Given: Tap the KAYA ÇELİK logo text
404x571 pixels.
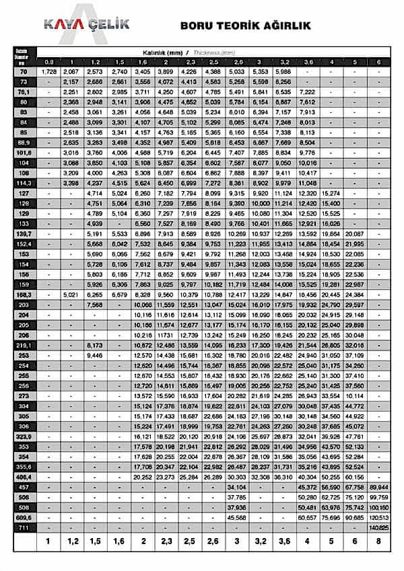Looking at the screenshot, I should coord(86,25).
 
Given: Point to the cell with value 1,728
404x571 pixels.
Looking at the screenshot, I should coord(49,71).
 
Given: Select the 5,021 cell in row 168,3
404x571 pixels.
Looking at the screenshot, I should coord(71,295).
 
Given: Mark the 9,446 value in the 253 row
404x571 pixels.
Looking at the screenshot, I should coord(94,355).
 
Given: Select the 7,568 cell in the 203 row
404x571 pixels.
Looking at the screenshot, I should coord(94,305).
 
